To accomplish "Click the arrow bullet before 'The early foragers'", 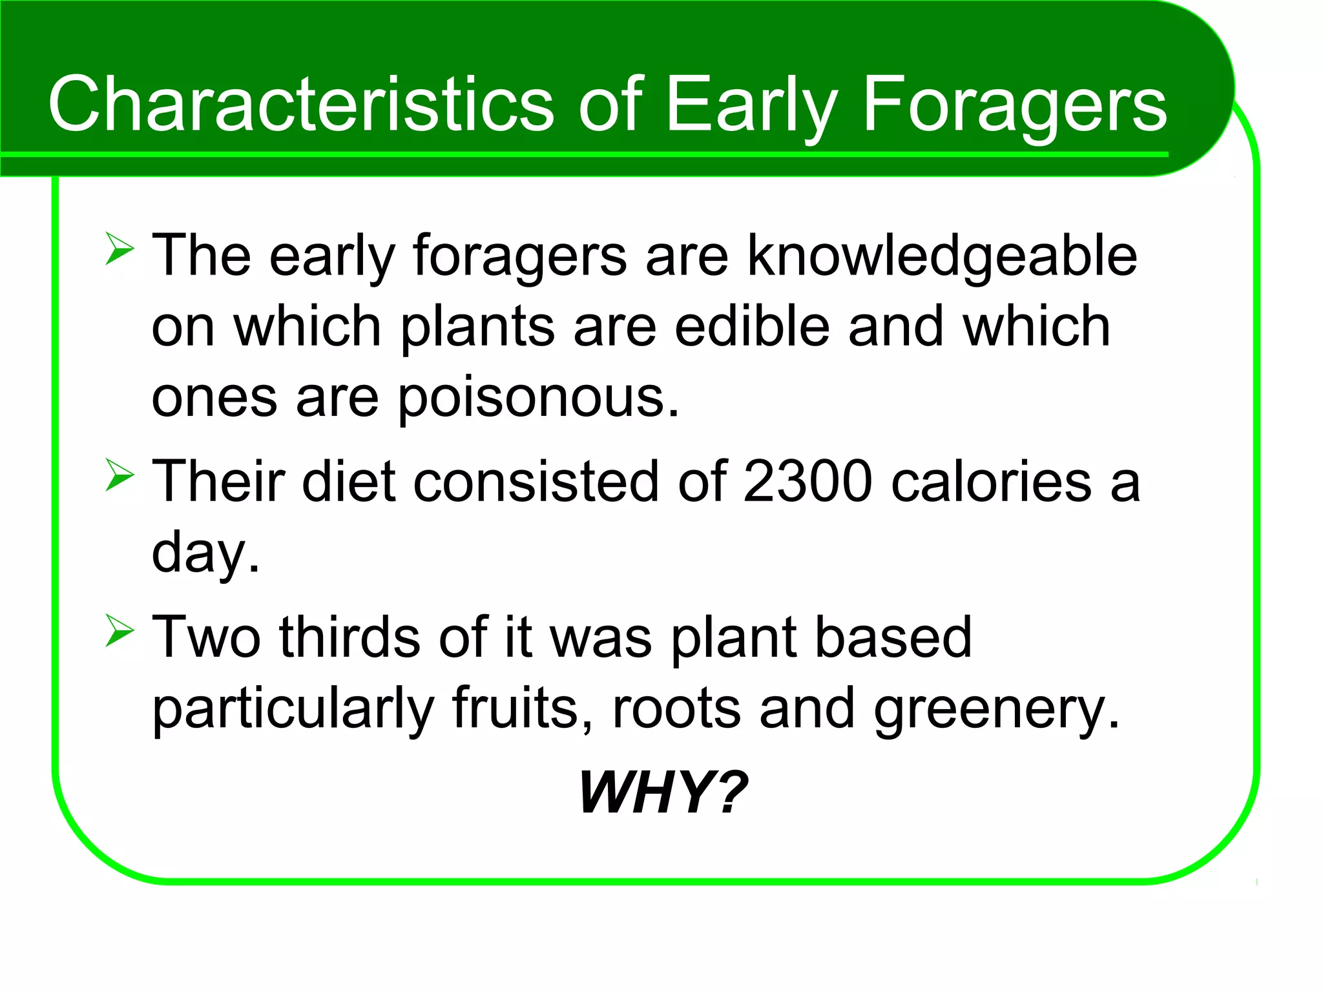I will tap(120, 250).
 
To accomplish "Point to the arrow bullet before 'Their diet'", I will tap(120, 476).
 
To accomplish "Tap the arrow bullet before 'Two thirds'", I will tap(120, 631).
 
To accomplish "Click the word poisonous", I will tap(537, 397).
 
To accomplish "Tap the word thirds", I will tap(349, 637).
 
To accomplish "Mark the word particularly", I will tap(292, 708).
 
